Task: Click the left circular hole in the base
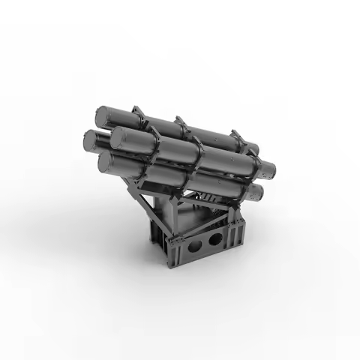coord(197,245)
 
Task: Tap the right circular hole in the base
coord(217,239)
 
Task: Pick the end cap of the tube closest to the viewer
coord(121,138)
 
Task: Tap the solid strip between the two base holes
coord(207,243)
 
